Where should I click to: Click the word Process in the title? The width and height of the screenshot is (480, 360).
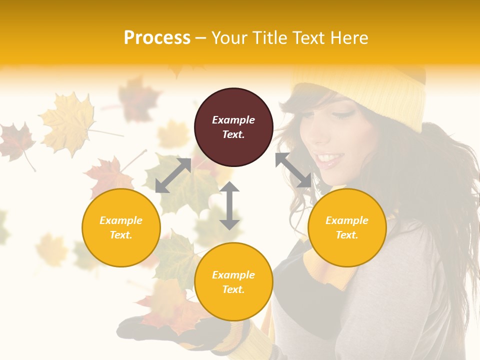click(x=157, y=38)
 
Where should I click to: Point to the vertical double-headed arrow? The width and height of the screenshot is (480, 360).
click(x=229, y=205)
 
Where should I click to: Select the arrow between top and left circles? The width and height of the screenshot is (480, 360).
click(x=173, y=175)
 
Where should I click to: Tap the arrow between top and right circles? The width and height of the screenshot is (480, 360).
click(x=293, y=170)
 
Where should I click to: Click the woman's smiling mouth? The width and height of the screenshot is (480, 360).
click(x=330, y=159)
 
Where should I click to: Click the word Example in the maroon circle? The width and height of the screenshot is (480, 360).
click(x=233, y=120)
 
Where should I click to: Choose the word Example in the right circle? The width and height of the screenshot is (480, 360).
click(x=347, y=220)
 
